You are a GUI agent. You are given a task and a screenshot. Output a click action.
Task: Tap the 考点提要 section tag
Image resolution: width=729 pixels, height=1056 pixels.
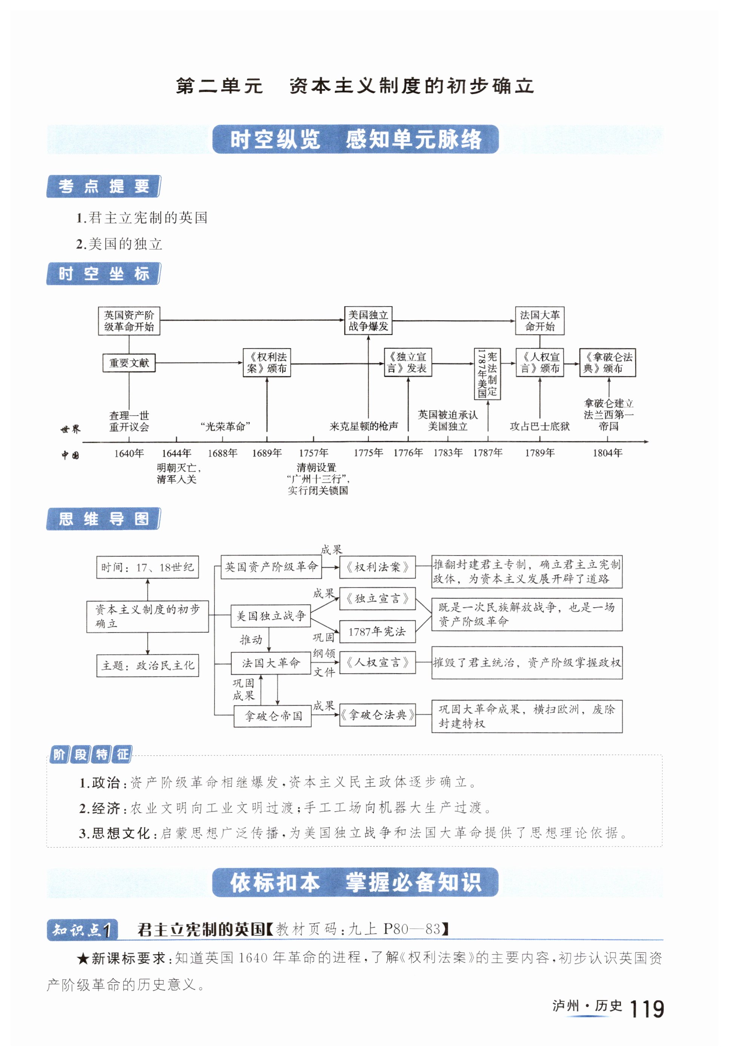(x=104, y=186)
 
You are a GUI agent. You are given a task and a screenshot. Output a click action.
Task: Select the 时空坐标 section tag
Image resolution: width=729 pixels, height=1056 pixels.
(x=104, y=274)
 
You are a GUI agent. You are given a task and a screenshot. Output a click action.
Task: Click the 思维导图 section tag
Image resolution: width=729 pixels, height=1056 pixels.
(x=104, y=519)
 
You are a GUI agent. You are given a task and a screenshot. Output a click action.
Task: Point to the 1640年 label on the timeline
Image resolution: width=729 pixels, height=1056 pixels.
(x=129, y=453)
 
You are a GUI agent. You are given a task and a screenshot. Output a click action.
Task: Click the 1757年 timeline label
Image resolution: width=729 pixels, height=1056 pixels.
(x=313, y=453)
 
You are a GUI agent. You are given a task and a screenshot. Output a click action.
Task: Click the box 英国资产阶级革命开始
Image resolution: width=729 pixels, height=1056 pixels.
(x=129, y=321)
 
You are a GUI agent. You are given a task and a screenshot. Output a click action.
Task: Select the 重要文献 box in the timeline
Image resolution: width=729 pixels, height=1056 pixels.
(x=129, y=363)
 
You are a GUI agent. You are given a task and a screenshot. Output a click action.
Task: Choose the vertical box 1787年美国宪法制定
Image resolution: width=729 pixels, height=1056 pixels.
(x=487, y=374)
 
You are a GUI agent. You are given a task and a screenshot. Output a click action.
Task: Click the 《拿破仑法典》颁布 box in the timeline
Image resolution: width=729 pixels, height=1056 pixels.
(x=608, y=362)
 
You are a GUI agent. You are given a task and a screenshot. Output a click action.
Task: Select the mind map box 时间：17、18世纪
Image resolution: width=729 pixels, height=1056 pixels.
(x=147, y=568)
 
